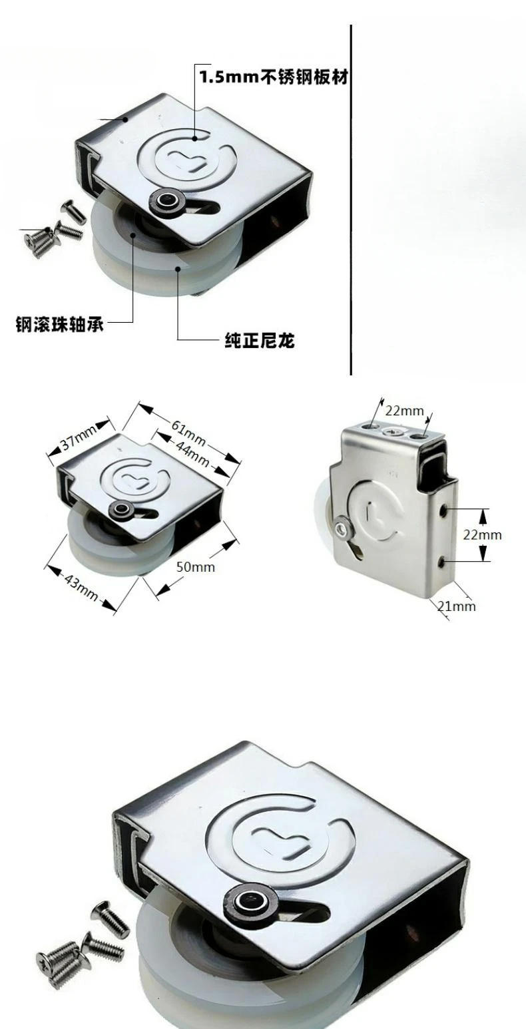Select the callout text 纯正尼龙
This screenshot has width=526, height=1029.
[259, 342]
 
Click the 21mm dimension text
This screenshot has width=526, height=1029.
[457, 606]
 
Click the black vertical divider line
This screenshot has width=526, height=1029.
[350, 200]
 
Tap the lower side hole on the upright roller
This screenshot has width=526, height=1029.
[443, 563]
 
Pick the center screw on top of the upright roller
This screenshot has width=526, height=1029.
[394, 432]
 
